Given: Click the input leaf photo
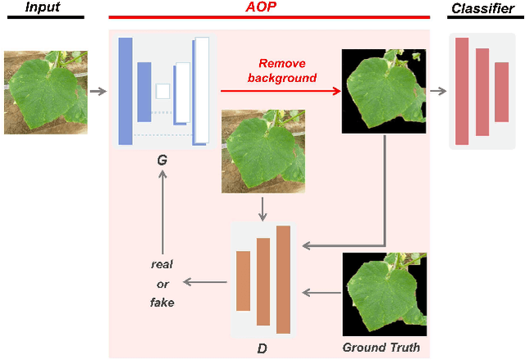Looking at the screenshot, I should point(43,92).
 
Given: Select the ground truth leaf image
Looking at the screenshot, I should point(384,293).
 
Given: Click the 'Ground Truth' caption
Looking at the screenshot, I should point(381,348).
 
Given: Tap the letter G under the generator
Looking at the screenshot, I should point(162,162).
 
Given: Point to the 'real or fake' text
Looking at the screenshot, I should point(162,283).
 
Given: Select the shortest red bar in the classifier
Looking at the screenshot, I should point(501,90).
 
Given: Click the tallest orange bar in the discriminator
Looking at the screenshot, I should point(283,279).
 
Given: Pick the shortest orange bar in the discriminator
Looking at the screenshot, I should point(243,280).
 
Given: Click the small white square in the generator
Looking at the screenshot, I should point(162,91).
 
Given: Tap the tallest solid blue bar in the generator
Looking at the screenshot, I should point(126,91).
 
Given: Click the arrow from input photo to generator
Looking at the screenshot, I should point(98,91).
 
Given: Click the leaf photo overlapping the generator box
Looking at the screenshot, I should point(262,151).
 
